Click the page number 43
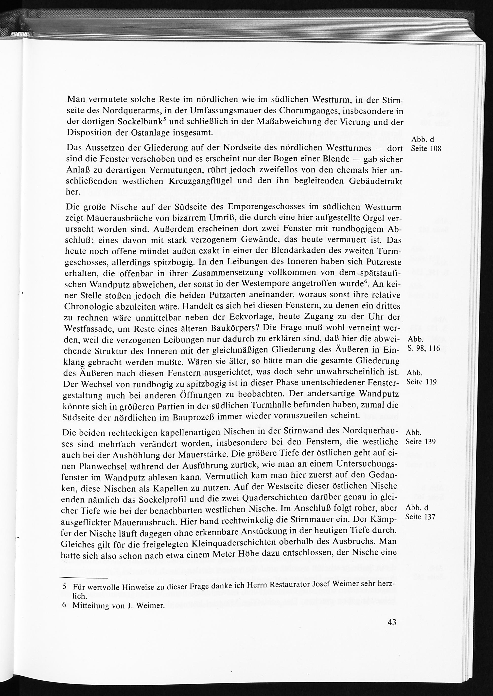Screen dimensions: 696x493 [392, 622]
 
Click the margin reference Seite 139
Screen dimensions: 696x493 [421, 441]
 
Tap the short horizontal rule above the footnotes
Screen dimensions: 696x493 [84, 578]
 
